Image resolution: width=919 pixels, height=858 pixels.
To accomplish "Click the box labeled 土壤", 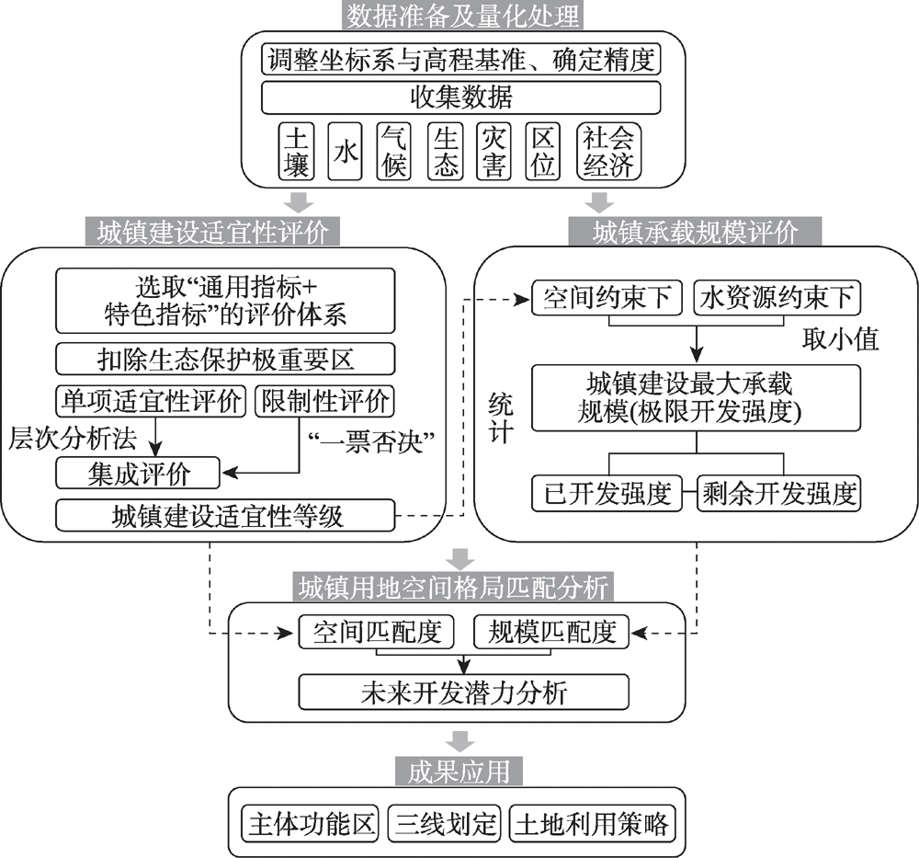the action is click(x=296, y=151).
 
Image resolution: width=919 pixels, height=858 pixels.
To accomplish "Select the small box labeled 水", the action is click(x=345, y=151).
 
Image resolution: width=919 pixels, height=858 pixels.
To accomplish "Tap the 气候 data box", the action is click(x=393, y=151).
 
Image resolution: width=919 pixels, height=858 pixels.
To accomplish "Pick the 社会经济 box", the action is click(x=608, y=151).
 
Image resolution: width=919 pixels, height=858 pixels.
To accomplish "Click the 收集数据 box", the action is click(x=460, y=97).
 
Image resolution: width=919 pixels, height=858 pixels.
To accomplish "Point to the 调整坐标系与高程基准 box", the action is click(x=460, y=59).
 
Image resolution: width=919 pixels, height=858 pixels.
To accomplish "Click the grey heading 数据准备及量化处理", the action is click(x=462, y=16).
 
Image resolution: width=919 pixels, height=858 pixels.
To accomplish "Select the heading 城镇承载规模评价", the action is click(x=695, y=232).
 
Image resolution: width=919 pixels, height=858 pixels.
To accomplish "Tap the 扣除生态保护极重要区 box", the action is click(x=225, y=359).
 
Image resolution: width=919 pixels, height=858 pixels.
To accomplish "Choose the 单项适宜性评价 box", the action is click(x=151, y=401).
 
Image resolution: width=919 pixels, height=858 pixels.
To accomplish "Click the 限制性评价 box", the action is click(x=324, y=401).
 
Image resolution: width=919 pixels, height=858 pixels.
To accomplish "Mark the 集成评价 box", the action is click(x=138, y=473).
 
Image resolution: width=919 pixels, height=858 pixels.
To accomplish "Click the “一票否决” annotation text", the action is click(x=371, y=441).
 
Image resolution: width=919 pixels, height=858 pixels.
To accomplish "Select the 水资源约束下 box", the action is click(x=777, y=298).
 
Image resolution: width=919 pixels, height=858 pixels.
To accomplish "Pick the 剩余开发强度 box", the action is click(x=779, y=493).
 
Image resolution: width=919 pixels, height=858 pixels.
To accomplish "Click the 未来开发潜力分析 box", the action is click(x=463, y=692).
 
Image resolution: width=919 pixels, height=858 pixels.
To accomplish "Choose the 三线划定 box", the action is click(x=445, y=824).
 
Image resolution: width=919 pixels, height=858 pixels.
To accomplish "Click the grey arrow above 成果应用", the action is click(x=459, y=741).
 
